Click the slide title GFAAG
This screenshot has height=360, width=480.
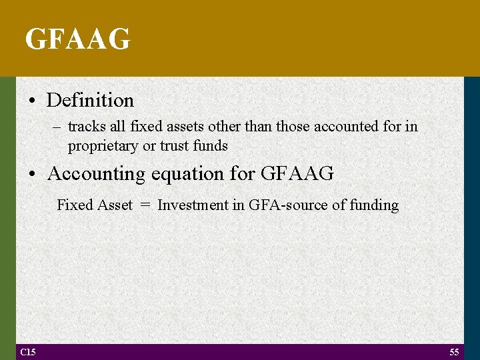pyautogui.click(x=77, y=39)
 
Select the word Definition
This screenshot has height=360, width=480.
pyautogui.click(x=90, y=101)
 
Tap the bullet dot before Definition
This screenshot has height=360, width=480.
pyautogui.click(x=33, y=101)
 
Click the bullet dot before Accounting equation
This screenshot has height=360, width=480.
pyautogui.click(x=33, y=174)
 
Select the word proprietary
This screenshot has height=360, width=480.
pyautogui.click(x=103, y=145)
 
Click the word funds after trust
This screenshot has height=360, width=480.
pyautogui.click(x=210, y=145)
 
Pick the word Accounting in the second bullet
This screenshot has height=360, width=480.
pyautogui.click(x=96, y=174)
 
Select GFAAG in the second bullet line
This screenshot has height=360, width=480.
pyautogui.click(x=297, y=174)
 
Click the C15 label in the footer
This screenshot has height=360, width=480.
pyautogui.click(x=27, y=352)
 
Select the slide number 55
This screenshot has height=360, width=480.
pyautogui.click(x=454, y=352)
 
